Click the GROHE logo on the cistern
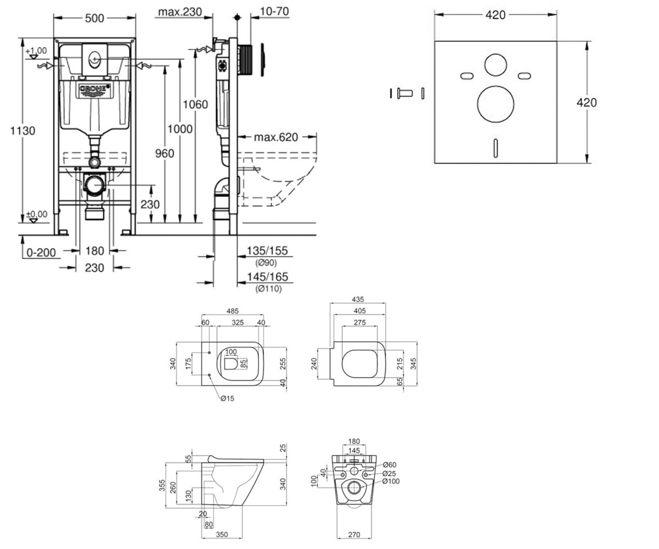pyautogui.click(x=94, y=90)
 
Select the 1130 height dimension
pyautogui.click(x=23, y=131)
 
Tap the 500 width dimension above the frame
pyautogui.click(x=94, y=18)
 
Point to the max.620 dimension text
pyautogui.click(x=276, y=137)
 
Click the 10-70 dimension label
pyautogui.click(x=274, y=12)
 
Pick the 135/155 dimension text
pyautogui.click(x=267, y=250)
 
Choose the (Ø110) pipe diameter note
pyautogui.click(x=269, y=288)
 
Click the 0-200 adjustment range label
pyautogui.click(x=41, y=253)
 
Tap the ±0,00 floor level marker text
pyautogui.click(x=37, y=214)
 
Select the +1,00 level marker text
pyautogui.click(x=36, y=51)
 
